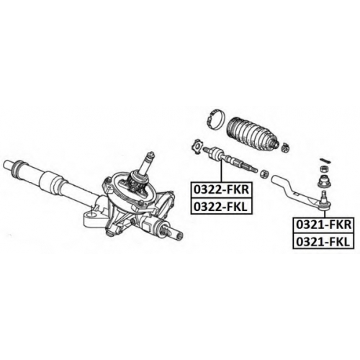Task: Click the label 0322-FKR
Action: (221, 190)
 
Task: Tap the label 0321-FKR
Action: (324, 225)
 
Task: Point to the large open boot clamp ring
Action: (215, 120)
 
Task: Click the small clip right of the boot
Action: (285, 147)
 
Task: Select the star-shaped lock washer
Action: (198, 146)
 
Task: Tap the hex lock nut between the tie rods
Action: (265, 174)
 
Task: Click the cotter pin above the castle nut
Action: (325, 161)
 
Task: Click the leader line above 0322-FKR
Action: (221, 171)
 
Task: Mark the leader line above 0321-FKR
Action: (325, 213)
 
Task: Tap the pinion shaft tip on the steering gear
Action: (151, 154)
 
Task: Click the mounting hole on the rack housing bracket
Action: (91, 215)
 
